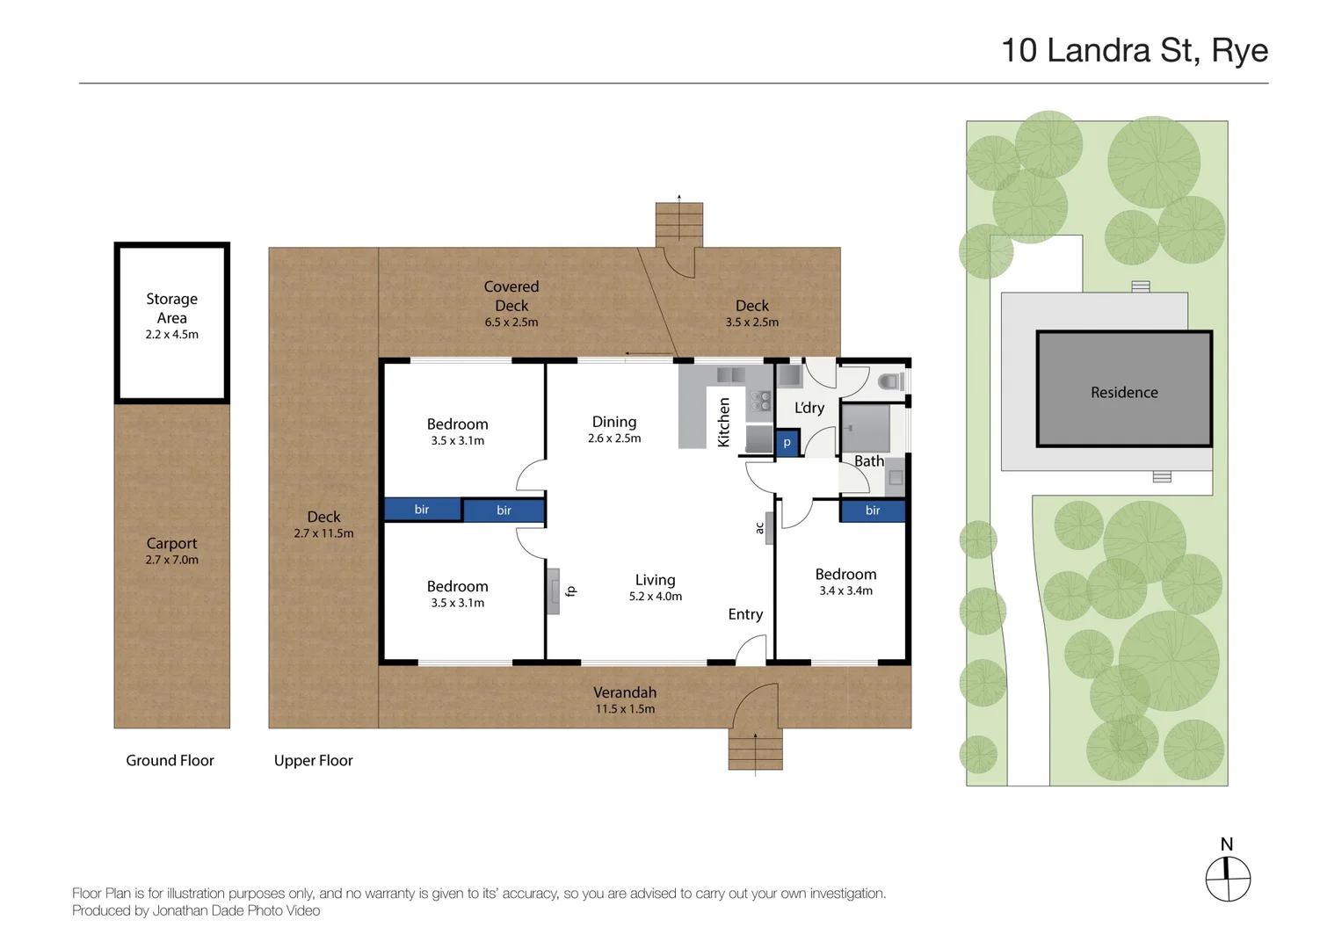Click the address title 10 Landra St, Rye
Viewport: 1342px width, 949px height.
pos(1134,51)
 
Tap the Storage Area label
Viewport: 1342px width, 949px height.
pos(171,308)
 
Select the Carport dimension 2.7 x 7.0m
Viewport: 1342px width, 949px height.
pos(171,560)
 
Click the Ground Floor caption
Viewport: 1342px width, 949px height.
pos(170,760)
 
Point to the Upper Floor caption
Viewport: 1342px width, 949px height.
pos(313,760)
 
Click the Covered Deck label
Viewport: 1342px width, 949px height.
pos(511,296)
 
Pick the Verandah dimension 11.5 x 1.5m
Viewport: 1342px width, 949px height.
pos(624,709)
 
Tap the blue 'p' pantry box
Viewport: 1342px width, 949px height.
pos(787,444)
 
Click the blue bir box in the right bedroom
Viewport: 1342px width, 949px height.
pos(872,511)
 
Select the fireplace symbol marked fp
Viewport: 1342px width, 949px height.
pos(554,591)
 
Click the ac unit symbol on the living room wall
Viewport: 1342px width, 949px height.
pos(768,528)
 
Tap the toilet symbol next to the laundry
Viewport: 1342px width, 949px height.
pos(890,381)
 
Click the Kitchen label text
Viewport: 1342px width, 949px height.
pos(724,423)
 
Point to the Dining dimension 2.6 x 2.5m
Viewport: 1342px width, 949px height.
pos(613,438)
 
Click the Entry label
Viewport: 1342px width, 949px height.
pos(744,614)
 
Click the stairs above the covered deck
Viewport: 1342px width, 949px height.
pos(678,223)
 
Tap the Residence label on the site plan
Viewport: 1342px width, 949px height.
pos(1123,393)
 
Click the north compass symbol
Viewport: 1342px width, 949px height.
pos(1227,879)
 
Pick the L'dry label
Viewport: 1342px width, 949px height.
pos(809,408)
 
